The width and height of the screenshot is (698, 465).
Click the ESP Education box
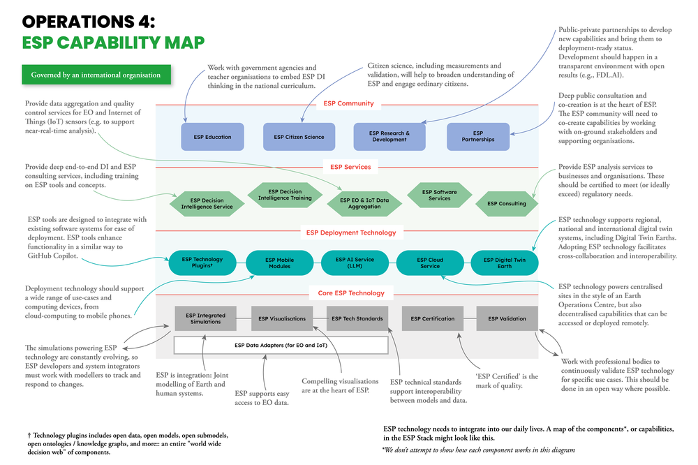[213, 137]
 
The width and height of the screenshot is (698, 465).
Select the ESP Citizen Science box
[299, 137]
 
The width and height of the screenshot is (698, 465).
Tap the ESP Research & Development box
[389, 136]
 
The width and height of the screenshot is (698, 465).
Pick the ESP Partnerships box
[477, 136]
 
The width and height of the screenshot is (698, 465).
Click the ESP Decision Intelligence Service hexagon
[207, 203]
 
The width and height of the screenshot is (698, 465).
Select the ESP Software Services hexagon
[440, 195]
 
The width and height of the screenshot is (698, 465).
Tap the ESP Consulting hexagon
[507, 204]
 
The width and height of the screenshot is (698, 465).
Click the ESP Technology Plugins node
[202, 263]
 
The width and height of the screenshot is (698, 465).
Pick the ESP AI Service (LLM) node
[355, 263]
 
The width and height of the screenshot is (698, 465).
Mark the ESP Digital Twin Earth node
[505, 263]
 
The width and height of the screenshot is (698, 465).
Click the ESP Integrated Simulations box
[205, 318]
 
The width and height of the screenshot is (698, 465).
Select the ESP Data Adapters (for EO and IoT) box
[281, 345]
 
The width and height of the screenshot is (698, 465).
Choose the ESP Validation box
[507, 318]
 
